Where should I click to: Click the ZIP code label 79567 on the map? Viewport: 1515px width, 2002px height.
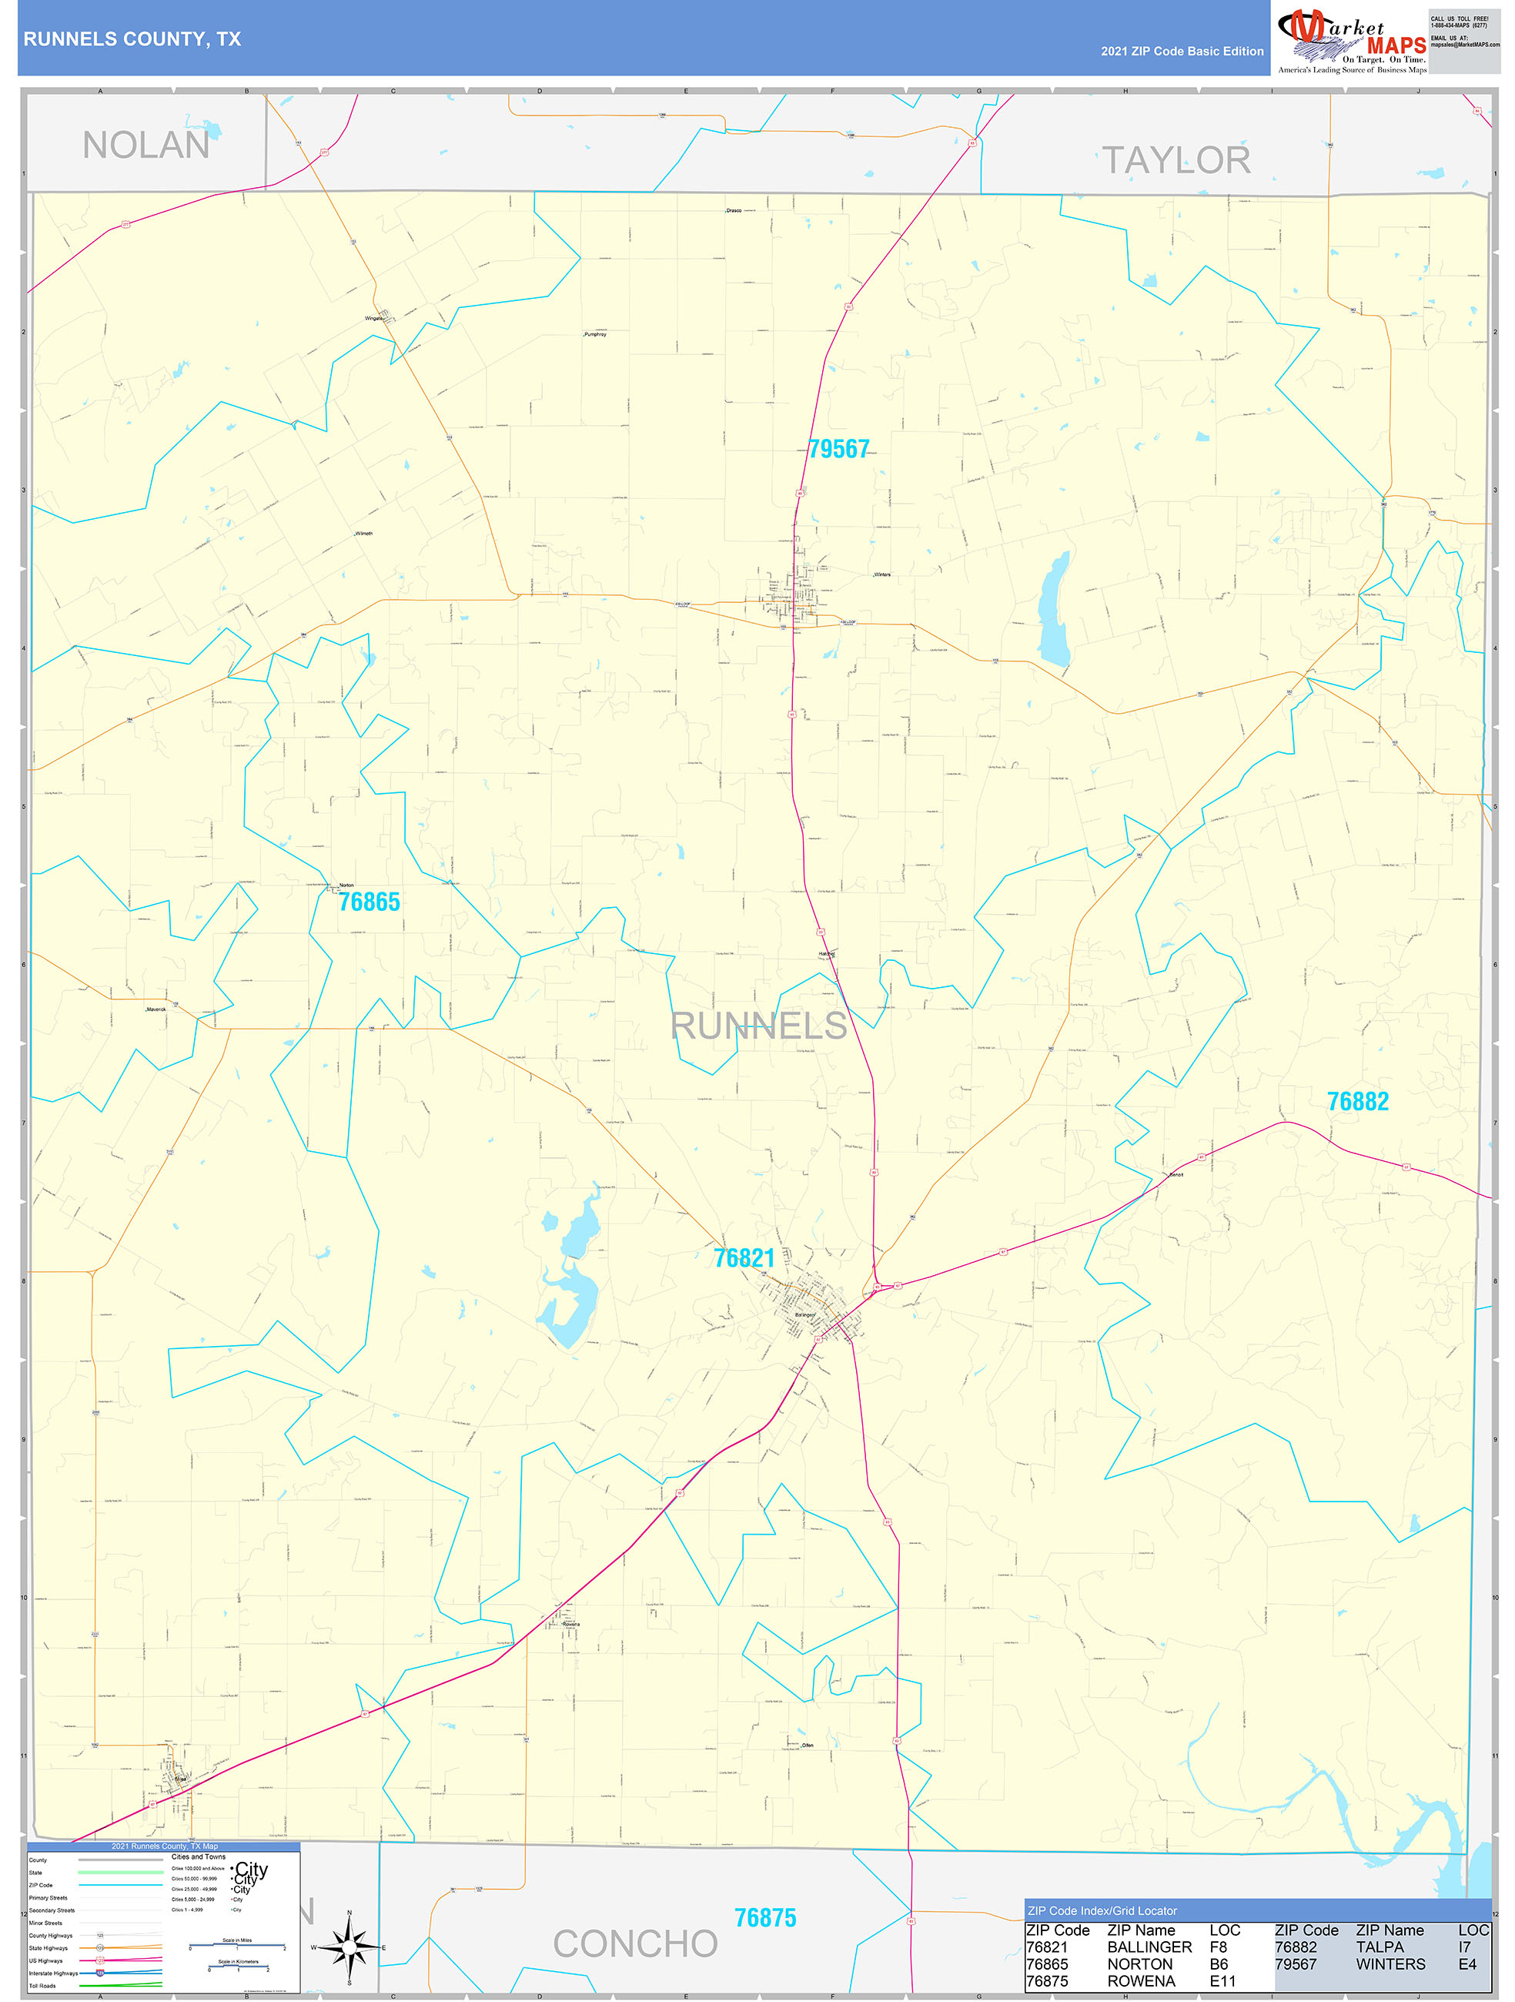click(838, 449)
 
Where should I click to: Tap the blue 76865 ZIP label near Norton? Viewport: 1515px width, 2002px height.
click(370, 902)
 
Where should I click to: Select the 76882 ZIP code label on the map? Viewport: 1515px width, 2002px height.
click(1357, 1101)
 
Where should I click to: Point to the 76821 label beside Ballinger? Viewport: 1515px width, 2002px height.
click(744, 1258)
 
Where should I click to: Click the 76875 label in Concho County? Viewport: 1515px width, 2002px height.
click(764, 1918)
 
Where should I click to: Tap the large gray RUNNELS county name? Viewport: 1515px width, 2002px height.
click(758, 1026)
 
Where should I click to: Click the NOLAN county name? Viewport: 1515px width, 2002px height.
click(145, 145)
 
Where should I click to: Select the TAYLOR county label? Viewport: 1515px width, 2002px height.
click(1176, 160)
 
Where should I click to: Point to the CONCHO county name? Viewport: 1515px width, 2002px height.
click(635, 1943)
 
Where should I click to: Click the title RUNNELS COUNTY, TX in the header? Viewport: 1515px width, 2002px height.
click(132, 39)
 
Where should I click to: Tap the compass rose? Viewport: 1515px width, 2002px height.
click(349, 1946)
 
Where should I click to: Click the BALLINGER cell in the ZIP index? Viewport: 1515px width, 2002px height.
click(1149, 1947)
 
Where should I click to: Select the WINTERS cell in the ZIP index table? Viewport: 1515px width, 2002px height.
click(1390, 1964)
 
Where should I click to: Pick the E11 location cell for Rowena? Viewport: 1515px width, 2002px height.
click(1222, 1981)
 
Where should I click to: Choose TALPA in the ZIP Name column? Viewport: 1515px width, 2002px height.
click(1380, 1947)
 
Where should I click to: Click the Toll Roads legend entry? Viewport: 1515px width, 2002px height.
click(42, 1986)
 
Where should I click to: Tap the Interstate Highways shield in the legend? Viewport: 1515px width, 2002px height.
click(100, 1973)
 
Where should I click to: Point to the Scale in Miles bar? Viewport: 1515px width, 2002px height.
click(237, 1947)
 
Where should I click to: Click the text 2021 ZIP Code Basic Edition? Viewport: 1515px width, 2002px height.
click(1182, 52)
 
